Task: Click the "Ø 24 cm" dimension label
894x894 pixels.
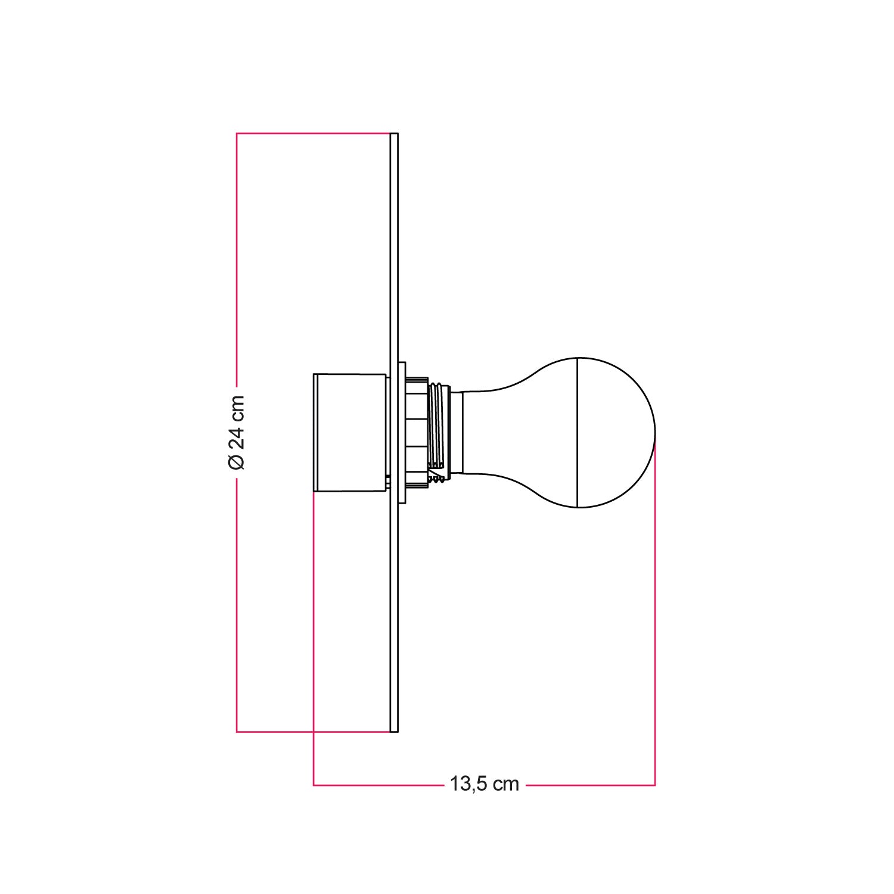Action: point(237,432)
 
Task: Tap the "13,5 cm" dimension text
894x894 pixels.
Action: point(483,784)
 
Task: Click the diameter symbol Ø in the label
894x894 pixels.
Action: point(237,461)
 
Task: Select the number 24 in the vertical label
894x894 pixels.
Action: point(237,438)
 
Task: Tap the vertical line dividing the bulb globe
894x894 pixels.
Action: point(578,432)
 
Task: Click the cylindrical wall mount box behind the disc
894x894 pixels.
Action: point(349,432)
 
